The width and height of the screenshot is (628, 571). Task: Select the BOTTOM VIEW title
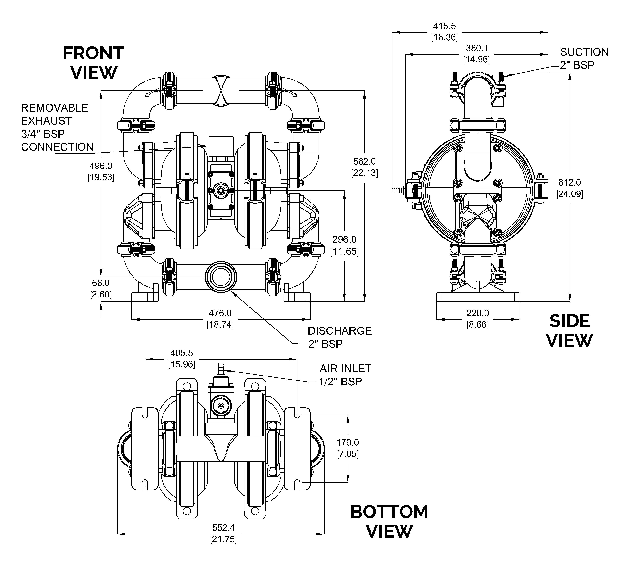click(x=389, y=522)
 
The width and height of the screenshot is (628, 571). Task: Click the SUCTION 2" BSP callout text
click(x=584, y=58)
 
